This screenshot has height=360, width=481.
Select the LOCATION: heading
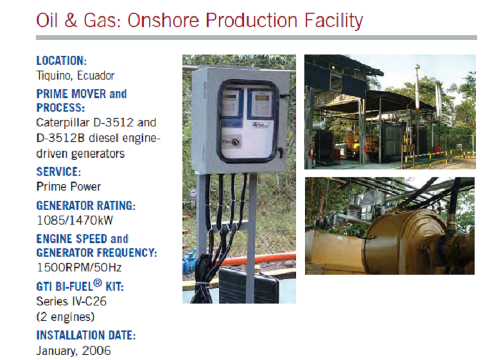click(62, 60)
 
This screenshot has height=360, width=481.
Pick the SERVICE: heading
click(58, 171)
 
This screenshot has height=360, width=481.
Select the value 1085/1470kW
click(75, 220)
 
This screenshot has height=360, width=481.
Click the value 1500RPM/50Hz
click(79, 267)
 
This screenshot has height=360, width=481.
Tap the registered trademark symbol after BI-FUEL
click(97, 284)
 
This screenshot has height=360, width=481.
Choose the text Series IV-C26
click(71, 301)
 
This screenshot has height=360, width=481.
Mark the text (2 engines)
click(66, 316)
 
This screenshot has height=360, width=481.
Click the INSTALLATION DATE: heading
click(86, 335)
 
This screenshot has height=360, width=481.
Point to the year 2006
click(96, 350)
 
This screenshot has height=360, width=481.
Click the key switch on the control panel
click(235, 142)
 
